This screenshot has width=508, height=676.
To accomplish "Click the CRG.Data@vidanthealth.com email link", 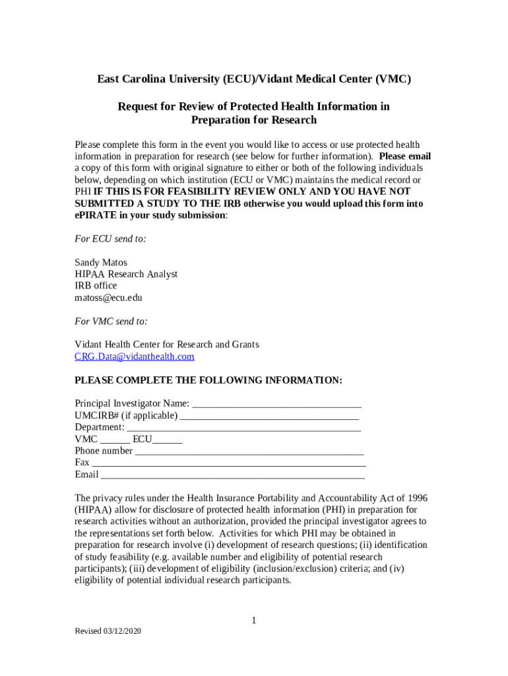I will (135, 356).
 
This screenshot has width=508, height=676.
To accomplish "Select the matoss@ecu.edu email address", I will (108, 298).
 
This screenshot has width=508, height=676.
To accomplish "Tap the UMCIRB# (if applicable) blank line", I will (269, 415).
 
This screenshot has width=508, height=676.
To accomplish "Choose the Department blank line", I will (243, 427).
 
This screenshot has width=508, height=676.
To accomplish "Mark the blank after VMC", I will (115, 439).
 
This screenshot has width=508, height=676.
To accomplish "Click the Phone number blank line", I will (249, 451).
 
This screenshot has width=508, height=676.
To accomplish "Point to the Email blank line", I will (232, 475).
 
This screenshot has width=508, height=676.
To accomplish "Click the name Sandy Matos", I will (101, 262).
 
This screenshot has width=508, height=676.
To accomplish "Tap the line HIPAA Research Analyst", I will (126, 274).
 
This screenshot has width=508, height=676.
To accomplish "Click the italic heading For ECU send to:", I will (110, 239).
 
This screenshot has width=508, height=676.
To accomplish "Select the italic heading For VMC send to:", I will (111, 321).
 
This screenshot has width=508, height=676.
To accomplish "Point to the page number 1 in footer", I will (253, 620).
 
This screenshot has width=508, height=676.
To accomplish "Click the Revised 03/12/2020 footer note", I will (108, 631).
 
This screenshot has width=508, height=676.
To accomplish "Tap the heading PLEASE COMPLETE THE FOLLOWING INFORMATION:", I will (208, 380).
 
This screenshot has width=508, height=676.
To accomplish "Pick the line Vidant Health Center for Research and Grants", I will (167, 345).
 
